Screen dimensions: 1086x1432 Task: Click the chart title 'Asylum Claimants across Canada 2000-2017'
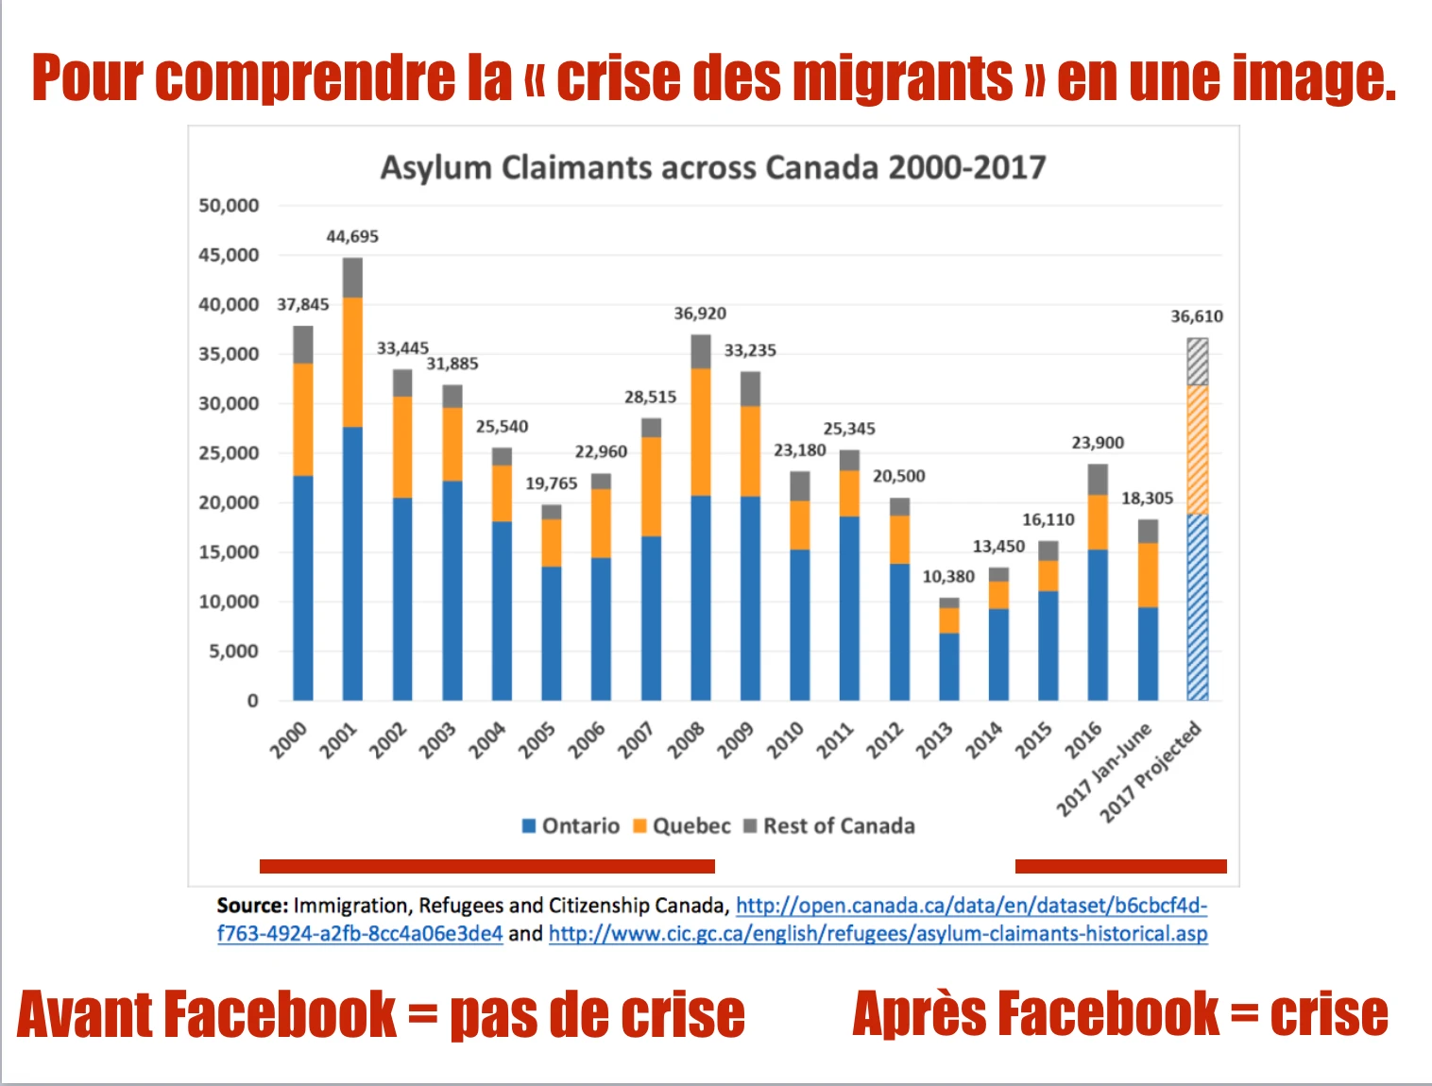pos(713,167)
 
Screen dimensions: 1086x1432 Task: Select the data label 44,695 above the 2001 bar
pos(352,236)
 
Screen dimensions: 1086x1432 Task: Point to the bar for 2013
pos(949,652)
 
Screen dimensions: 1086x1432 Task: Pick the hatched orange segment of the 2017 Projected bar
pos(1198,450)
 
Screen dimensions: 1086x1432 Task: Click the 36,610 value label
pos(1197,316)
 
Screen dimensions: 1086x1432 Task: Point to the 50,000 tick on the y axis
pos(229,206)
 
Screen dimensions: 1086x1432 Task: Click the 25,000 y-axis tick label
pos(229,453)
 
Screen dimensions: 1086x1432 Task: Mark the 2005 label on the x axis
pos(537,740)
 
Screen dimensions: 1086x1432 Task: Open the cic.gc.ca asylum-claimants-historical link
pos(878,934)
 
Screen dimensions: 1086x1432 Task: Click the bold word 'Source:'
pos(252,906)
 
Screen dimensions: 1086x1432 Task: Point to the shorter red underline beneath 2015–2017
pos(1120,866)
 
